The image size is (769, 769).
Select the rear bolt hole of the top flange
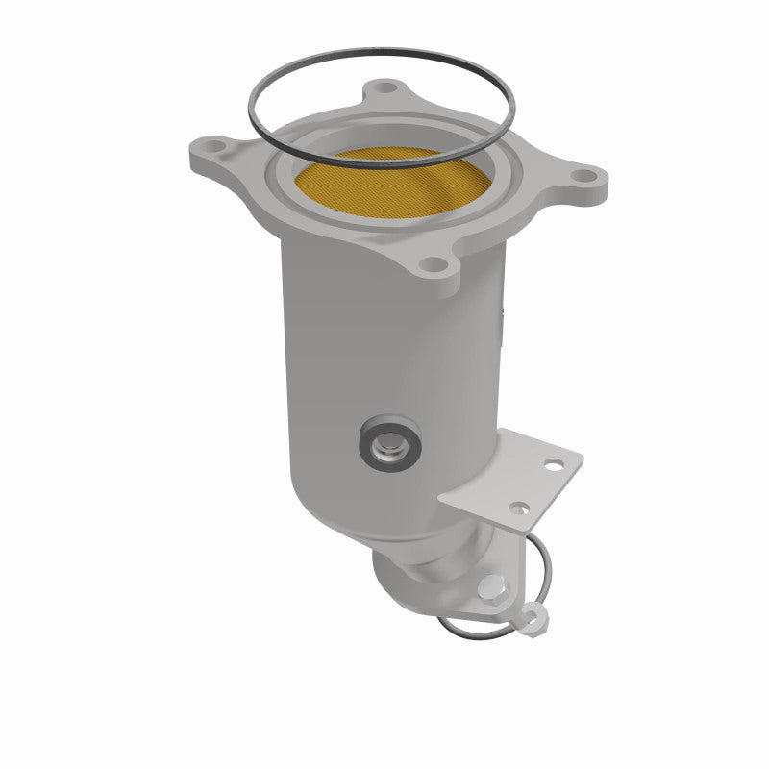pos(386,88)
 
